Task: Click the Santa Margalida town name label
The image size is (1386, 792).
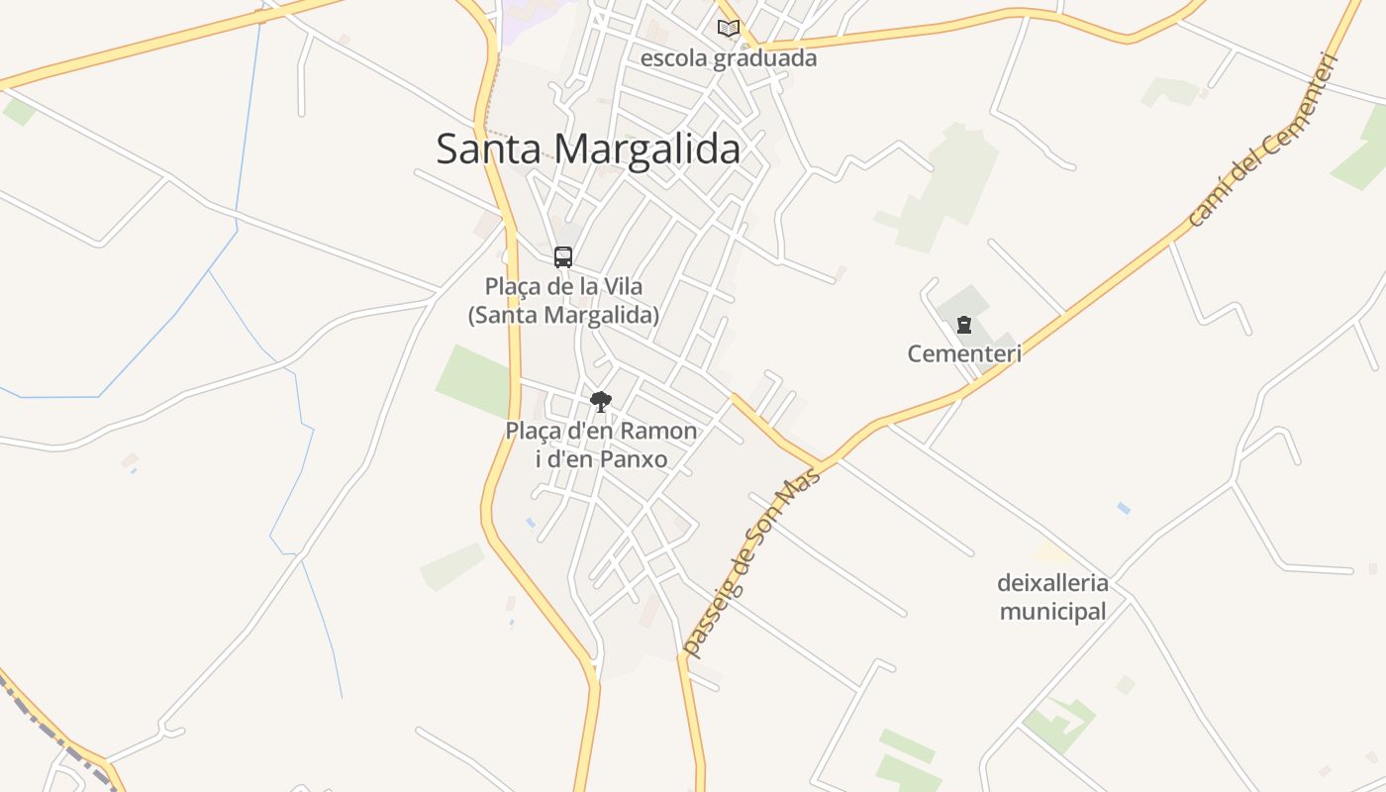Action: pyautogui.click(x=588, y=149)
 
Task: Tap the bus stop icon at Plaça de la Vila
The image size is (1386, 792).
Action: pyautogui.click(x=563, y=257)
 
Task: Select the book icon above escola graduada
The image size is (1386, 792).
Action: pyautogui.click(x=729, y=28)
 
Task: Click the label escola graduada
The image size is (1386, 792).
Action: pyautogui.click(x=729, y=58)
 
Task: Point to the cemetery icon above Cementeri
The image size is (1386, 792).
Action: pyautogui.click(x=964, y=325)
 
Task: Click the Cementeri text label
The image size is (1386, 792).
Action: pyautogui.click(x=964, y=353)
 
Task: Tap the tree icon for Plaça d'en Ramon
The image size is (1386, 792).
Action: pyautogui.click(x=600, y=401)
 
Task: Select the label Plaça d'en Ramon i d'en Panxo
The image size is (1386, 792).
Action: pyautogui.click(x=601, y=445)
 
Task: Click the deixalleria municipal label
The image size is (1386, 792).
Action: pyautogui.click(x=1053, y=597)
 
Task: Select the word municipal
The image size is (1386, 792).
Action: pyautogui.click(x=1053, y=612)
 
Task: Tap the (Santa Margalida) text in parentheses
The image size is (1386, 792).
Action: pyautogui.click(x=563, y=316)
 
